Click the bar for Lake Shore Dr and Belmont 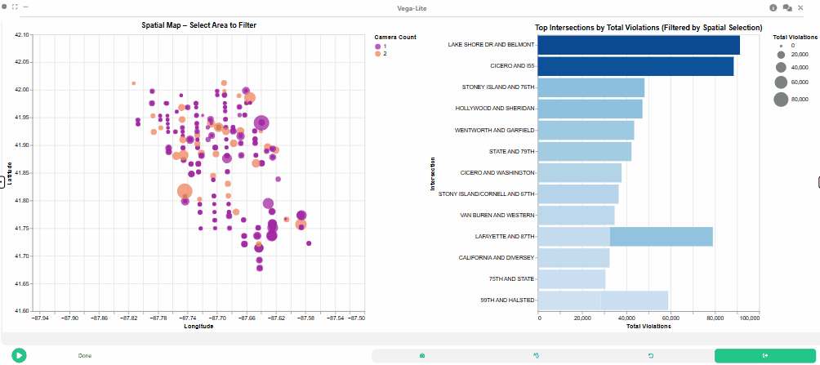coord(639,45)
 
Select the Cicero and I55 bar coord(635,66)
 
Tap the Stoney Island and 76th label coord(498,87)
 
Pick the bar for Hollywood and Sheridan coord(590,109)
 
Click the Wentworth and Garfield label coord(495,130)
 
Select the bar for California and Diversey coord(573,258)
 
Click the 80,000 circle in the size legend coord(781,99)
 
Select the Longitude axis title coord(198,326)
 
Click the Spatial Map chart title coord(198,24)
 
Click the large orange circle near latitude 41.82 coord(185,192)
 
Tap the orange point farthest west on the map coord(134,83)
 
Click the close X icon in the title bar coord(800,7)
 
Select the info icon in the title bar coord(773,7)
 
